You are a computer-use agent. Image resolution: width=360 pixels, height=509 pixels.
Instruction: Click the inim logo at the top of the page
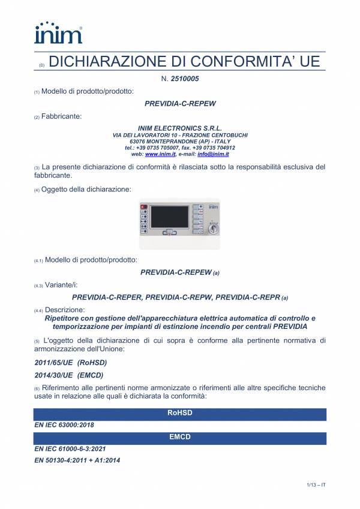(x=58, y=33)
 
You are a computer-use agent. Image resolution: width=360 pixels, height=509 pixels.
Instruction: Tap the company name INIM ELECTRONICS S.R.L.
(x=180, y=128)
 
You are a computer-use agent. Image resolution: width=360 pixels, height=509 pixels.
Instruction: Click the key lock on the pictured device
(x=212, y=229)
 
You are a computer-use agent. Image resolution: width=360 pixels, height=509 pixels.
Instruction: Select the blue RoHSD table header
(x=180, y=413)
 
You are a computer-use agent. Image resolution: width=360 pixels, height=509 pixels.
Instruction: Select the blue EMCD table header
(x=180, y=437)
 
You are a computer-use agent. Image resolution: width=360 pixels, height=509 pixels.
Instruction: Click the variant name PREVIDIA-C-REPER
(x=106, y=297)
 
